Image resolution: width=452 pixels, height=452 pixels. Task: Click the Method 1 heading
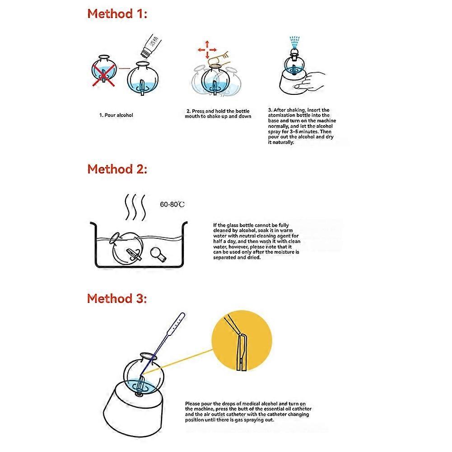tap(117, 14)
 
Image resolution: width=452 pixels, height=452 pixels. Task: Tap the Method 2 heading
tap(117, 169)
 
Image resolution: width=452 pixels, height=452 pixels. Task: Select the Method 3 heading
tap(117, 298)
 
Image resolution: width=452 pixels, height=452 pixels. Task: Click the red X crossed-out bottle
tap(104, 71)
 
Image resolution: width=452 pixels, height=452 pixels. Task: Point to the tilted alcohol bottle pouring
tap(150, 45)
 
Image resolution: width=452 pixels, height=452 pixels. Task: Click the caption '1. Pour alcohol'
tap(116, 115)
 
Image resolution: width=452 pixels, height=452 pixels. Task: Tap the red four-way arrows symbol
tap(207, 50)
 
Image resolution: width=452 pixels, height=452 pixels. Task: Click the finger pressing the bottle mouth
tap(219, 59)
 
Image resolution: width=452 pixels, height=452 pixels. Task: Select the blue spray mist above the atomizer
tap(294, 42)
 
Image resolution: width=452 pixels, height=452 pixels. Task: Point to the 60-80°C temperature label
tap(172, 205)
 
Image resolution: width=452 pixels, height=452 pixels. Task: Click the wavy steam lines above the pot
tap(135, 207)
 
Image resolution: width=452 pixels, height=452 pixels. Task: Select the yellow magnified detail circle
tap(242, 340)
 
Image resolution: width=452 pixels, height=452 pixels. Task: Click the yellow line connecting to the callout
tap(178, 362)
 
